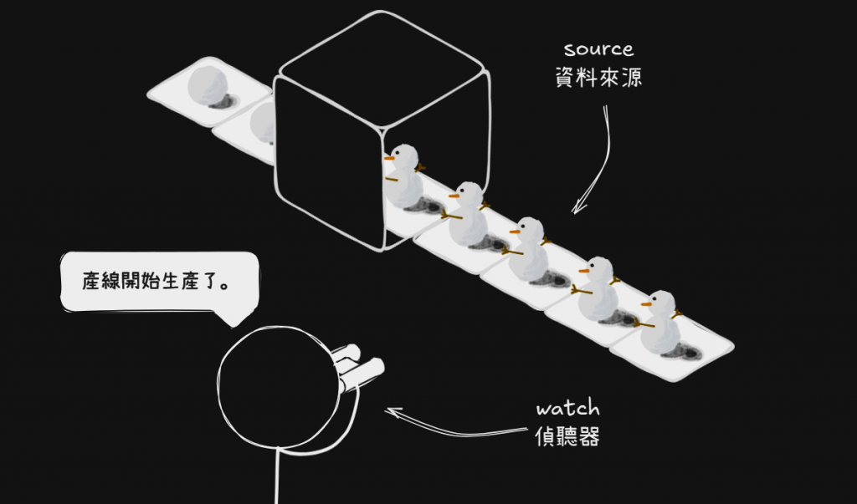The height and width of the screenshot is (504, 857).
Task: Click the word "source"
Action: [598, 49]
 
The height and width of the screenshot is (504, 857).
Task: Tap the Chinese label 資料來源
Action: [598, 79]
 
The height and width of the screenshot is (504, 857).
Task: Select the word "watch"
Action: [567, 409]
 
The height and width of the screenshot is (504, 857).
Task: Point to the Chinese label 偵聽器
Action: [567, 436]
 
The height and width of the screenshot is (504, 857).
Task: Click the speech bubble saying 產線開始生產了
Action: [159, 282]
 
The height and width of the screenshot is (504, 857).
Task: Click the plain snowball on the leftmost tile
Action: [207, 85]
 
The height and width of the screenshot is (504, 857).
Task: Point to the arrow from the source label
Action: [596, 163]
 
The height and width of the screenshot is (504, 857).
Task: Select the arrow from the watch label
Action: [452, 422]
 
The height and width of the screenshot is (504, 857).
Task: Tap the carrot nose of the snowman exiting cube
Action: [390, 156]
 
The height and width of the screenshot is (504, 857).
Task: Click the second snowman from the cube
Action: [468, 214]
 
